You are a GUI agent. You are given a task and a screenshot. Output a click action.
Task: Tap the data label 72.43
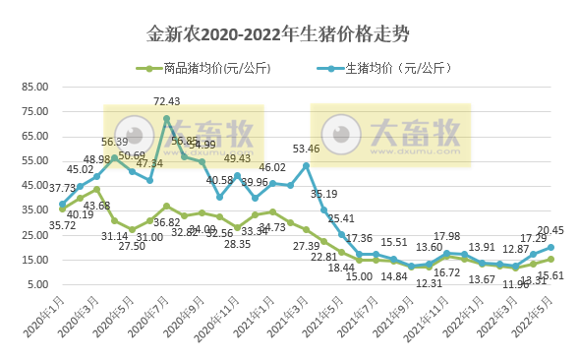pyautogui.click(x=167, y=101)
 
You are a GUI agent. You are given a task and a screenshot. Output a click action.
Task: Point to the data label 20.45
pyautogui.click(x=550, y=230)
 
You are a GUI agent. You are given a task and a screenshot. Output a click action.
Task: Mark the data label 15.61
pyautogui.click(x=555, y=276)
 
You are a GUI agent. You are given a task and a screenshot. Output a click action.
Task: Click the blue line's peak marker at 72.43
pyautogui.click(x=167, y=119)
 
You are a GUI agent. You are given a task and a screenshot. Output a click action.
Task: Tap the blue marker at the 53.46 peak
pyautogui.click(x=307, y=165)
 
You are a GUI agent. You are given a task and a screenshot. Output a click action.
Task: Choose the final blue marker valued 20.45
pyautogui.click(x=551, y=248)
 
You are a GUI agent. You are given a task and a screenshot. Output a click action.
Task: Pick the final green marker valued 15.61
pyautogui.click(x=551, y=260)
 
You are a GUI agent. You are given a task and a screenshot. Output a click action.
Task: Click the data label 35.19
pyautogui.click(x=337, y=194)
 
